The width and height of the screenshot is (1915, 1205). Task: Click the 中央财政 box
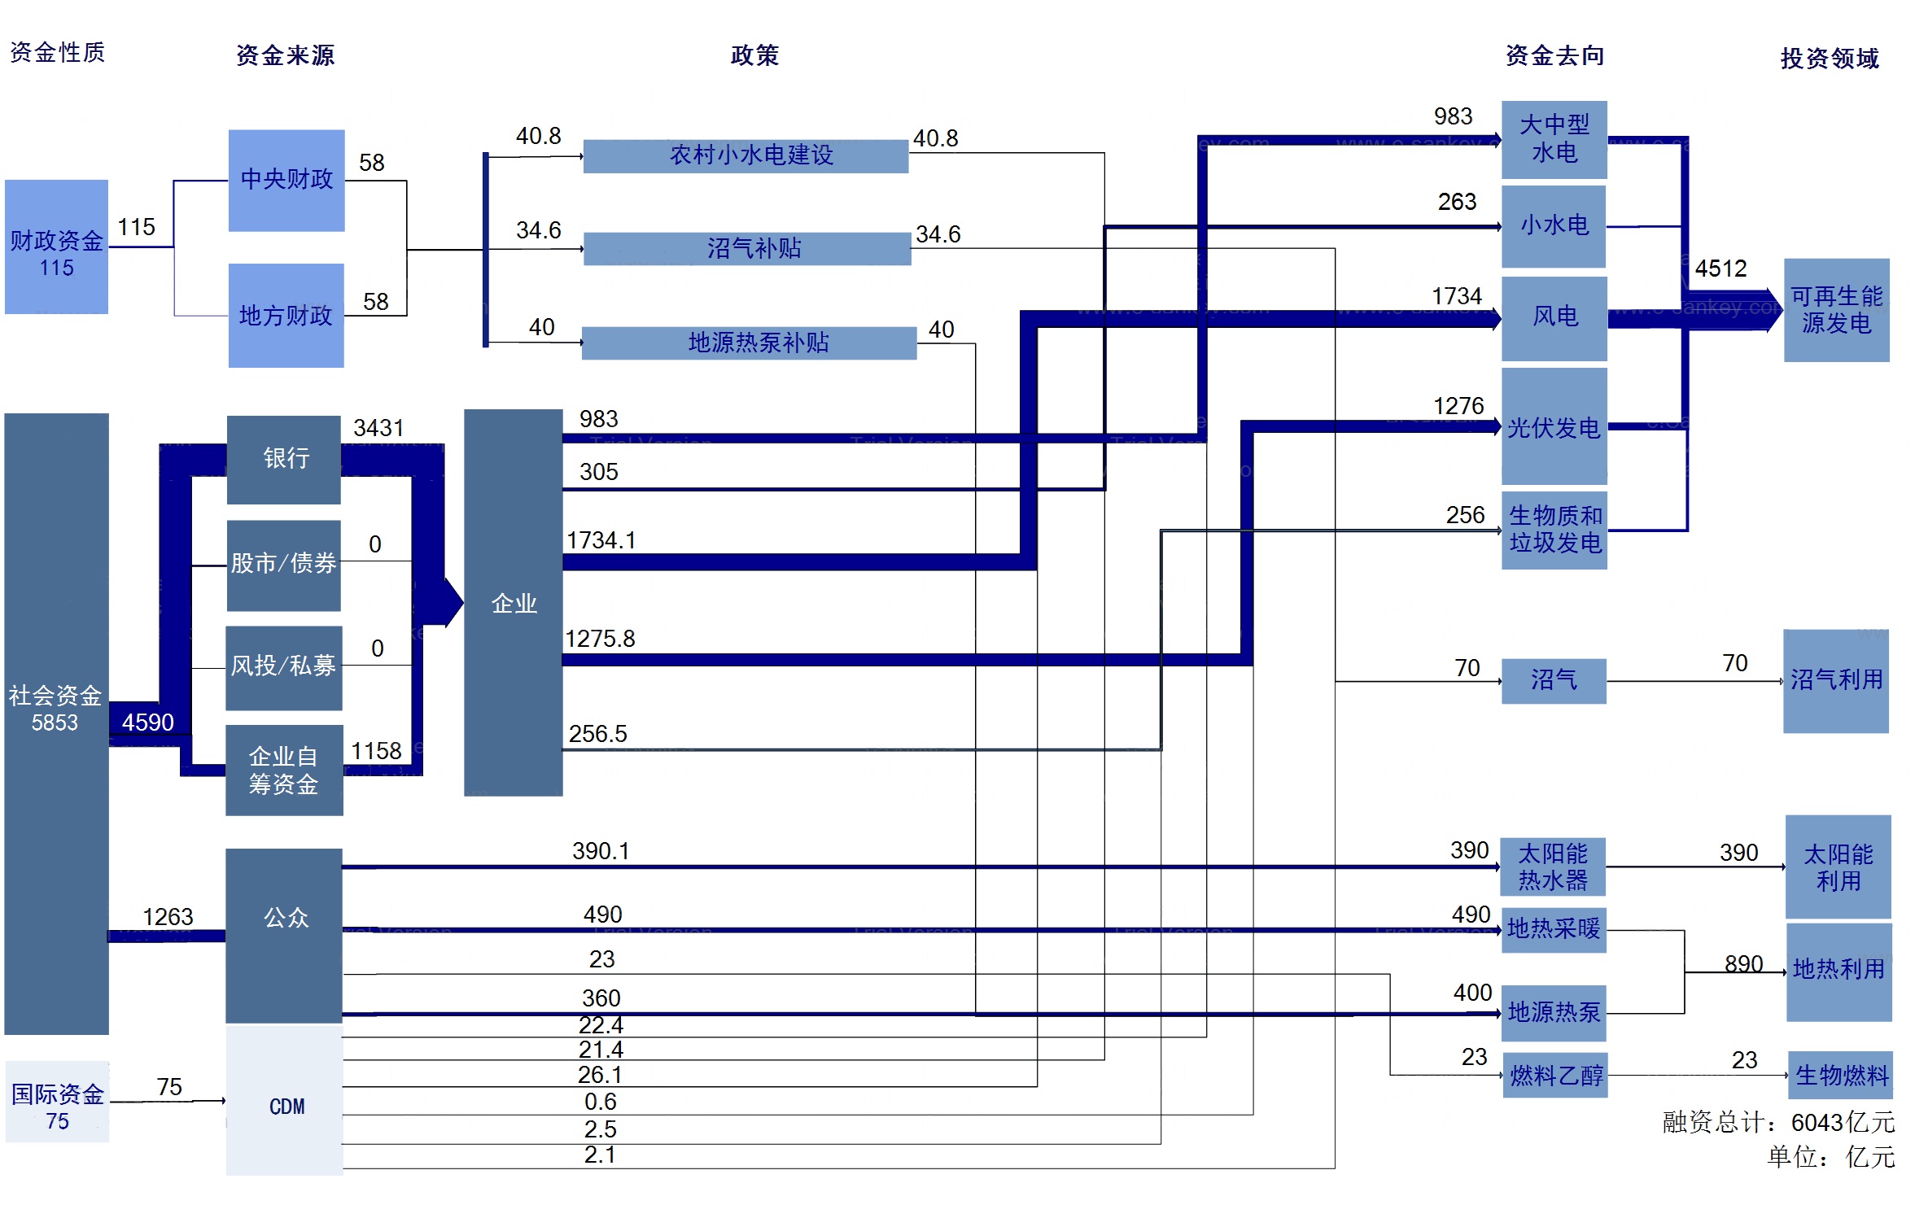click(x=286, y=181)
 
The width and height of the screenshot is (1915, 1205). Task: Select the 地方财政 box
click(x=286, y=316)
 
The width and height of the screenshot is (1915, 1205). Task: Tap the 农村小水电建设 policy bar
click(x=746, y=155)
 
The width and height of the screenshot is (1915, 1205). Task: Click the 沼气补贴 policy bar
click(x=747, y=249)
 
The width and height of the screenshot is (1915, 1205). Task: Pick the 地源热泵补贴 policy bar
click(x=750, y=343)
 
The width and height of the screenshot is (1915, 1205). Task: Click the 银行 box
click(x=284, y=459)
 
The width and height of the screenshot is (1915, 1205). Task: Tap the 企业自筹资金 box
click(x=284, y=770)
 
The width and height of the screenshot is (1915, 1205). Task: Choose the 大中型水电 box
click(x=1554, y=140)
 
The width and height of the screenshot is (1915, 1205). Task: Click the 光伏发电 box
click(x=1554, y=426)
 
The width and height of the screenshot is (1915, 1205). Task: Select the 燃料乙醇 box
click(x=1554, y=1076)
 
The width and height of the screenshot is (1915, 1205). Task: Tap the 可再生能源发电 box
click(x=1836, y=310)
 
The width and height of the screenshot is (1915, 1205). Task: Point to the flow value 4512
click(x=1720, y=269)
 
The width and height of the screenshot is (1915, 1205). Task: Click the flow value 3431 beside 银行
click(x=378, y=428)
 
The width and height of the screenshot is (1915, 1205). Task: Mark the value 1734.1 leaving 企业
click(x=601, y=540)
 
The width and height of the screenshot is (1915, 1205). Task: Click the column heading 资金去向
click(x=1554, y=55)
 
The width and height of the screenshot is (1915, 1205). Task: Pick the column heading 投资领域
click(x=1830, y=59)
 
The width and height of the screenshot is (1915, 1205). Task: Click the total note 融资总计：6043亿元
click(x=1778, y=1123)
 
